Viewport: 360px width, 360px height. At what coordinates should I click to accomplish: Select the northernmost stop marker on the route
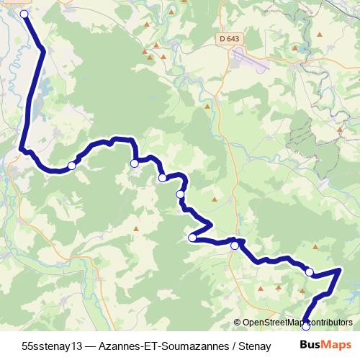pos(24,14)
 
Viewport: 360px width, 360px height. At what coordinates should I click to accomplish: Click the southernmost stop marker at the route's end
pos(305,325)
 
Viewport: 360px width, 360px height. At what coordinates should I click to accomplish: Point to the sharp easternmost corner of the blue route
pos(339,270)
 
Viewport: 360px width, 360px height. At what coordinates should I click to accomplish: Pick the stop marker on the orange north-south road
pos(235,246)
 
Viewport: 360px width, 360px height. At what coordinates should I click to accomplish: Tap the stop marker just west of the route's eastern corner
pos(310,272)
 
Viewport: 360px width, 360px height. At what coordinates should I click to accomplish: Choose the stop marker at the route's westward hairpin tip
pos(192,238)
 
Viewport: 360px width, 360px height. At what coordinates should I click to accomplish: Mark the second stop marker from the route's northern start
pos(72,166)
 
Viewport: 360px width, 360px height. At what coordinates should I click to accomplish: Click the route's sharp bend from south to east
pos(22,150)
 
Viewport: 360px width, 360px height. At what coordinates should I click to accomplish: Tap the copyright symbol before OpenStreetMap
pos(238,323)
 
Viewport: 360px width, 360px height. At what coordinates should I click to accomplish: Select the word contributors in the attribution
pos(328,323)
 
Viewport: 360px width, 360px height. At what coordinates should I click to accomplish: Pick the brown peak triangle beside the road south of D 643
pos(210,106)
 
